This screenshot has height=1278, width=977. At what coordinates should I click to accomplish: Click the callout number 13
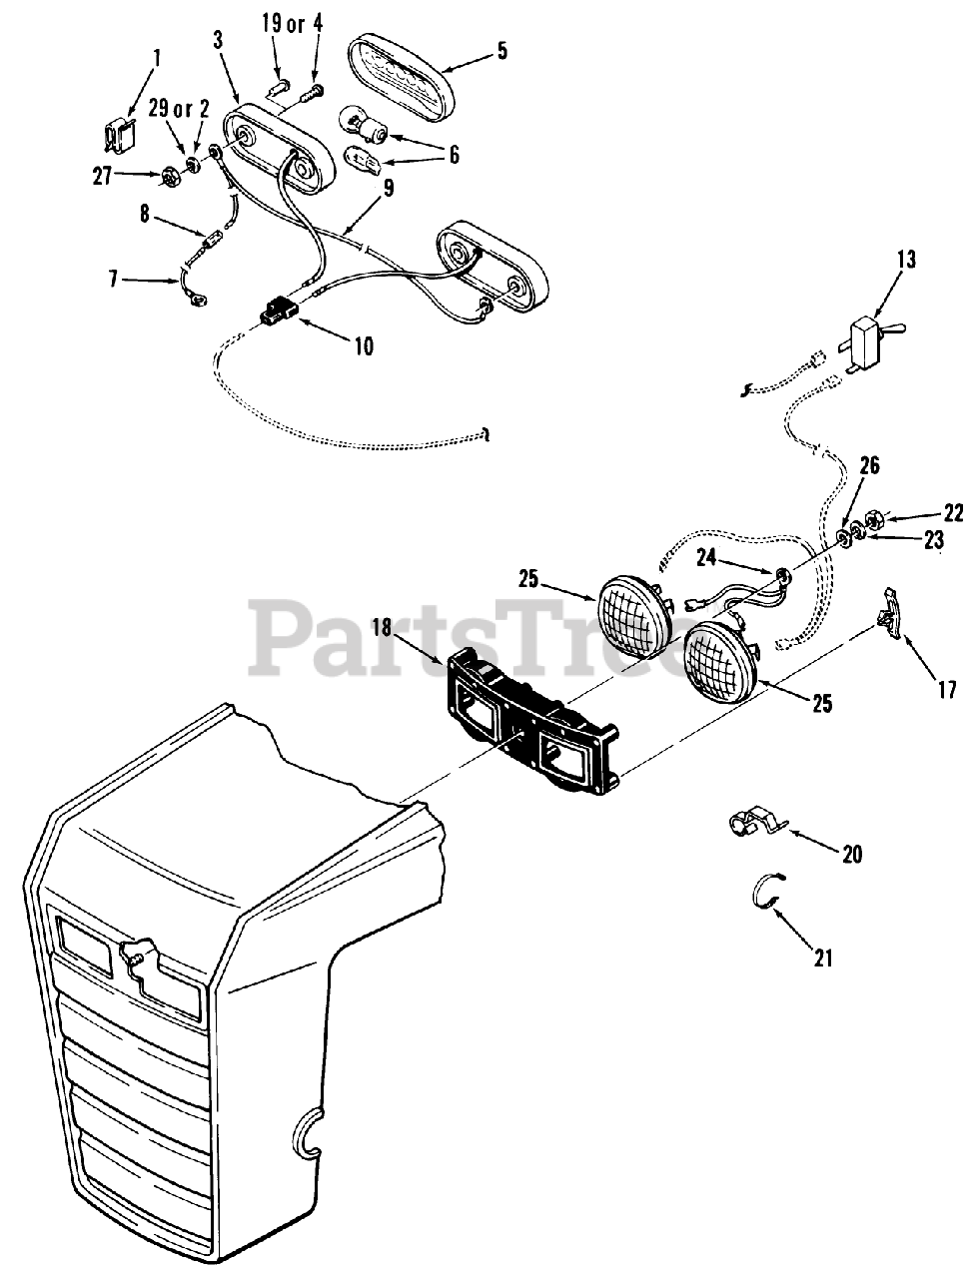click(x=904, y=260)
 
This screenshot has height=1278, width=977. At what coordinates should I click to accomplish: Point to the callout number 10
click(x=363, y=346)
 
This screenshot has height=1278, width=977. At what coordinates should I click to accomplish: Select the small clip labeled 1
click(x=122, y=135)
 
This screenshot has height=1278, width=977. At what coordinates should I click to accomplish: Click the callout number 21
click(x=822, y=958)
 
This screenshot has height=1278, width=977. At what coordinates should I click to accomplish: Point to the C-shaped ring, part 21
click(x=767, y=890)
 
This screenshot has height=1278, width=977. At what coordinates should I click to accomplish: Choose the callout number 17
click(x=946, y=689)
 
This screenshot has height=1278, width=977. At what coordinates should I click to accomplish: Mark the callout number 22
click(x=953, y=513)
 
